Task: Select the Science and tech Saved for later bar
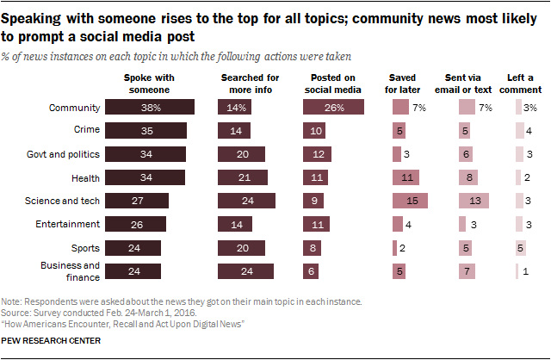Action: point(410,201)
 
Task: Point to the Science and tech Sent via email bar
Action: point(474,201)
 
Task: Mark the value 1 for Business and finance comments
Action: point(525,270)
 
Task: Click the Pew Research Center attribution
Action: point(52,341)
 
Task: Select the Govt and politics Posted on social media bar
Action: point(318,154)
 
